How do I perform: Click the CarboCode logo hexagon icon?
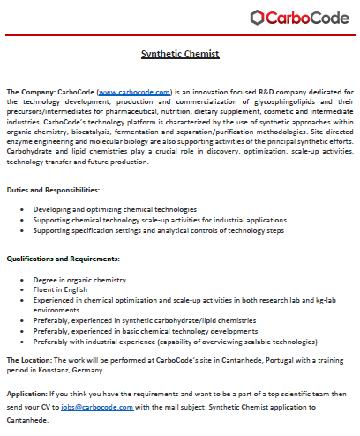tap(257, 17)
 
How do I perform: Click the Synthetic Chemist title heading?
tap(180, 55)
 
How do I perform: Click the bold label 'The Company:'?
tap(30, 91)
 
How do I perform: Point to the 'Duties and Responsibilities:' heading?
tap(53, 190)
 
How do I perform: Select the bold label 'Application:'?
tap(27, 395)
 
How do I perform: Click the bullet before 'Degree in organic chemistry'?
tap(24, 278)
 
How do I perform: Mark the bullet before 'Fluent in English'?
tap(24, 289)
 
